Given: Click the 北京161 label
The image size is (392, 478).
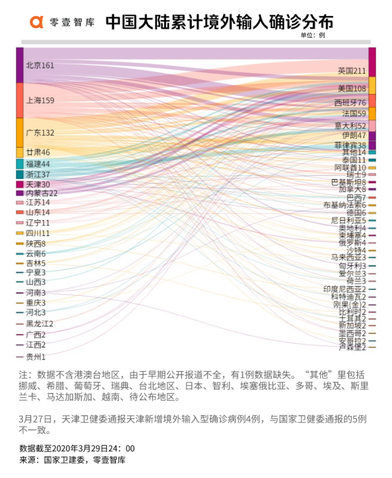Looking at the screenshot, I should point(40,65).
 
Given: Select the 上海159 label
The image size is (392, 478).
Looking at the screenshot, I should point(40,100).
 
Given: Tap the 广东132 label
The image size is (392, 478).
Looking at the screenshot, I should point(40,133).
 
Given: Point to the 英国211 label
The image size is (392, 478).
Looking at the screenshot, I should point(352,72).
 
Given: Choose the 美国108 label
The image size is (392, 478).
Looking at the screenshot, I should point(352,89).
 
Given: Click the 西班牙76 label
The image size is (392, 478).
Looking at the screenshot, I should point(350,102).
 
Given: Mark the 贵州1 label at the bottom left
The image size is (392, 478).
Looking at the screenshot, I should point(35,356).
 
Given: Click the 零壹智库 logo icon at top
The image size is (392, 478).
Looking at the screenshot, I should point(37,22).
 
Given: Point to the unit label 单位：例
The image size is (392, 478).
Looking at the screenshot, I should point(312,35).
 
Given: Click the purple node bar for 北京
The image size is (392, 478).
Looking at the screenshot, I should point(20,65).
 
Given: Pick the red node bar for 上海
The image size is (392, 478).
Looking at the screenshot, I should point(20,100).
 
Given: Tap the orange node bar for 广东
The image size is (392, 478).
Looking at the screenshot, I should point(20,133).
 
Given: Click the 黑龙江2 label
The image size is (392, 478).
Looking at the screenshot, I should point(40,323).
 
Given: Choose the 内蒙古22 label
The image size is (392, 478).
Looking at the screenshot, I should point(42,193).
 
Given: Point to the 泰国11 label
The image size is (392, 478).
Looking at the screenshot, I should point(354,160).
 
